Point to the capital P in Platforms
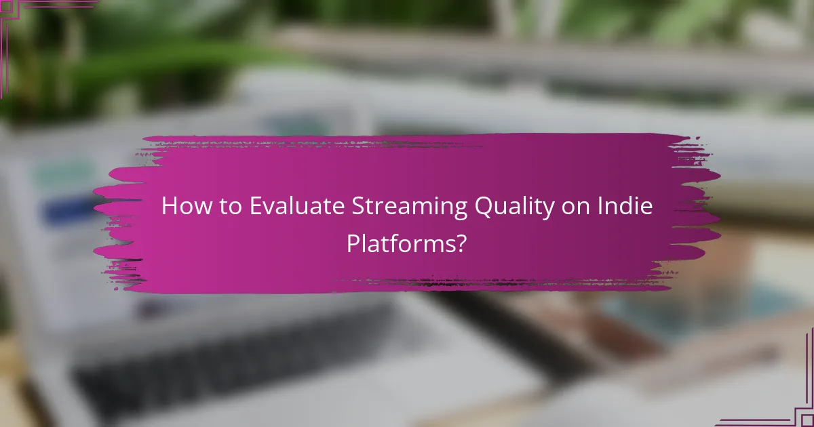click(353, 243)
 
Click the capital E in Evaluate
click(255, 207)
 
